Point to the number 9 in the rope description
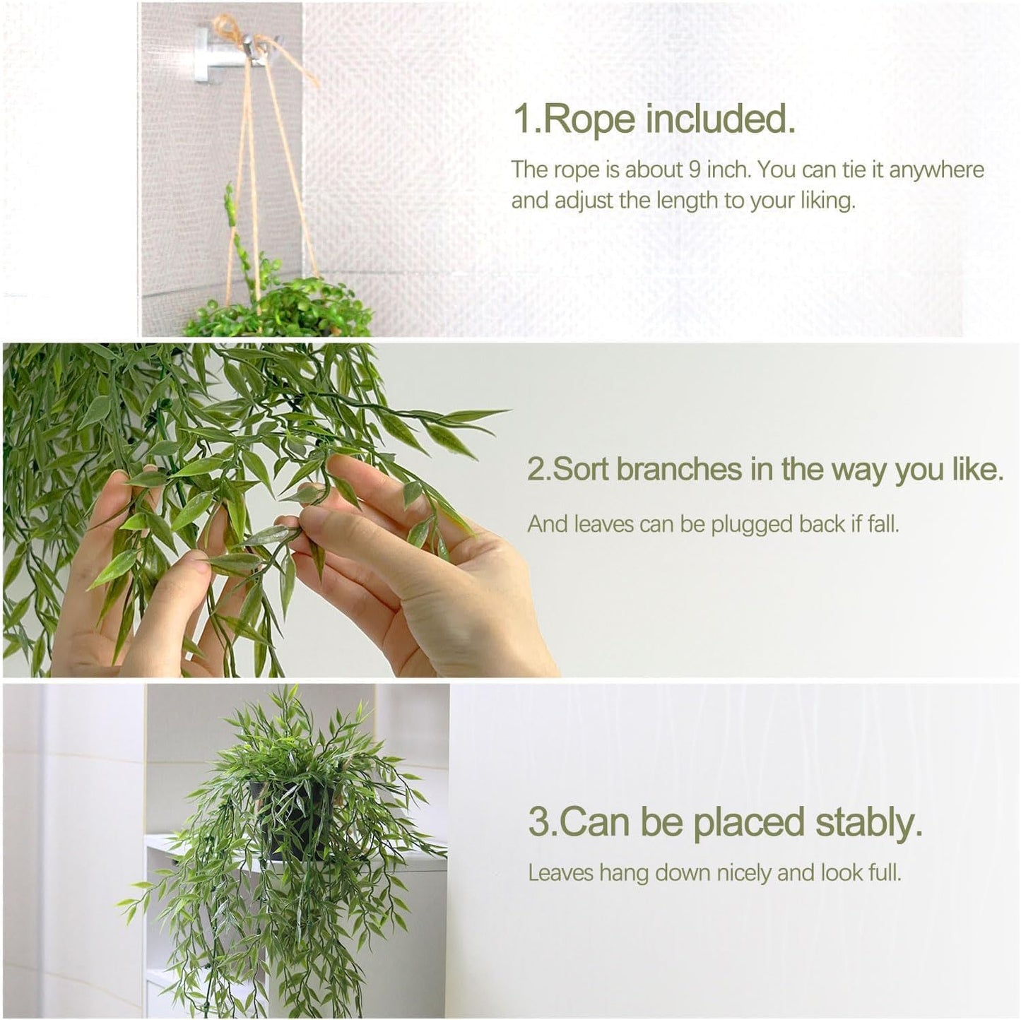[692, 170]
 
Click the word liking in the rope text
[827, 201]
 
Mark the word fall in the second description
[884, 524]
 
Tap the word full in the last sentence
[885, 873]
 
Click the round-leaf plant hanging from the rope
[283, 307]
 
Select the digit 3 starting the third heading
[538, 823]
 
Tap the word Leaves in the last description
[562, 873]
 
